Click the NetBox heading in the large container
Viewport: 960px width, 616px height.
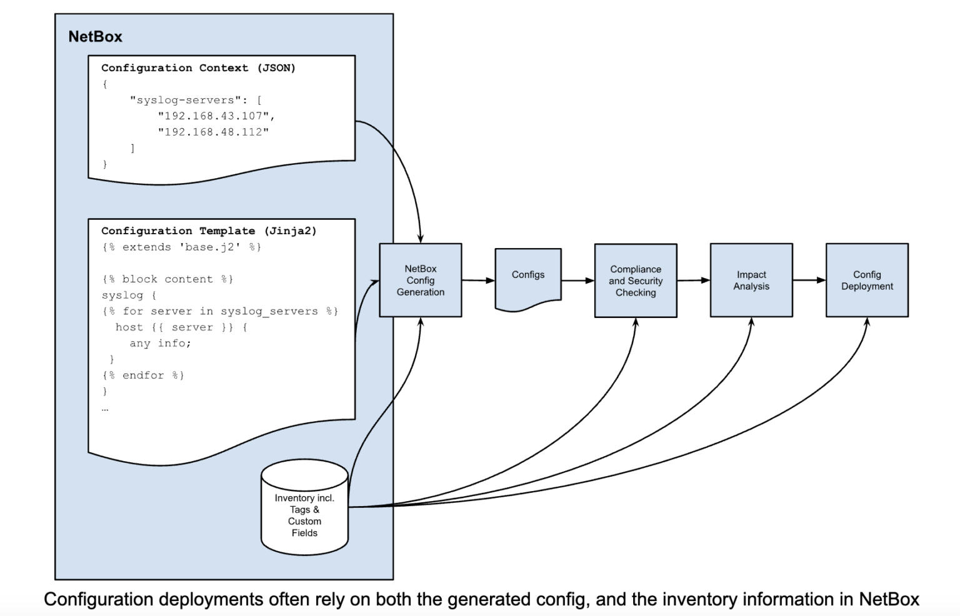95,37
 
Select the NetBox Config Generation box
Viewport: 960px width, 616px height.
420,280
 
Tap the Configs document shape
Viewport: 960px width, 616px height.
528,276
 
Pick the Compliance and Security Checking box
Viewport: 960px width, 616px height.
636,281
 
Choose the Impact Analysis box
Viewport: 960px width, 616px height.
751,280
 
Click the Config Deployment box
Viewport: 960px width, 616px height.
867,280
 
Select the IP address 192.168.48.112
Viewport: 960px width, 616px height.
213,132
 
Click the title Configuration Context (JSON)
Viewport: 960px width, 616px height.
198,67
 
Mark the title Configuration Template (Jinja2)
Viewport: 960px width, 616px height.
209,231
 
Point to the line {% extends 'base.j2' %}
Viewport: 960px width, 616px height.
181,247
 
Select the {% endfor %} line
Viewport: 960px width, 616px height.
143,375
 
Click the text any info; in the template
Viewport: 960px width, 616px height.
160,343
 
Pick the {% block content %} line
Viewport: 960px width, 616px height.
167,279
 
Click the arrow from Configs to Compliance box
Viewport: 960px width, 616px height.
577,281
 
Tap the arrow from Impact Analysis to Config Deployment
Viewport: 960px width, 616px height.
809,280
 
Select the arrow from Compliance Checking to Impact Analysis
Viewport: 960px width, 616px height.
693,281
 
